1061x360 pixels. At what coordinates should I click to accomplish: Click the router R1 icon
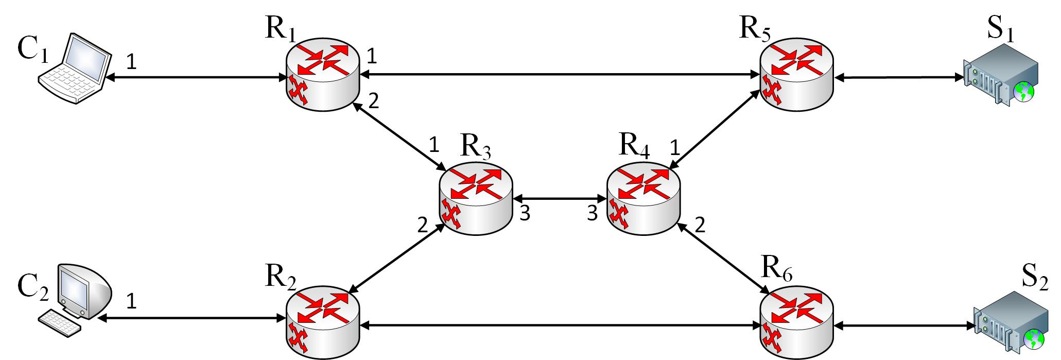[x=322, y=75]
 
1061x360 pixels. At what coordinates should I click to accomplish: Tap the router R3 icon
[x=476, y=199]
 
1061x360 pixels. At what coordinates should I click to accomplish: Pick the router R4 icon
[x=643, y=199]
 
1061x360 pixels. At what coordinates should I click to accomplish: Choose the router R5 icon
[x=796, y=75]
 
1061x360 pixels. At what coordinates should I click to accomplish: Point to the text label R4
[x=634, y=146]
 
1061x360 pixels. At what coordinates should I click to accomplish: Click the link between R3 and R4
[x=560, y=197]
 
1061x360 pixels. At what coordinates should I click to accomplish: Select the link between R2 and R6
[x=560, y=325]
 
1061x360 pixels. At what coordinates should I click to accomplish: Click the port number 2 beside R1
[x=373, y=100]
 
